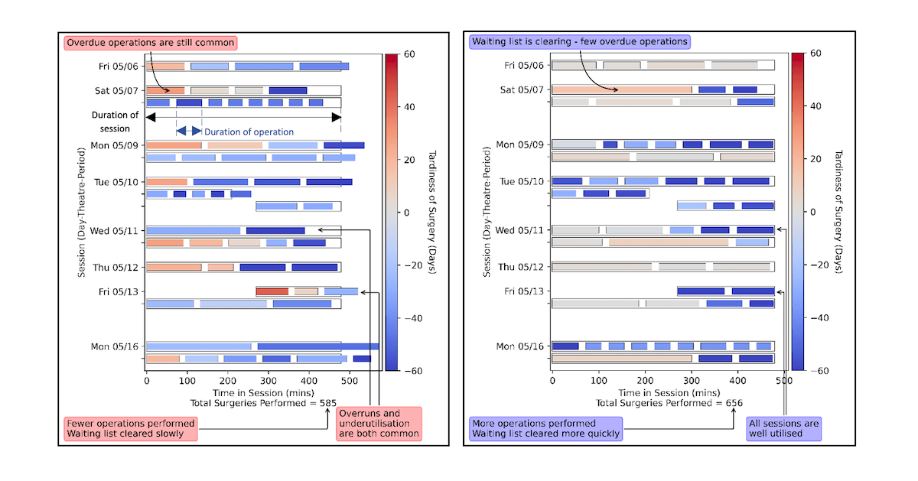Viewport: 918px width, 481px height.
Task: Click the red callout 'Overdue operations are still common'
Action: coord(151,43)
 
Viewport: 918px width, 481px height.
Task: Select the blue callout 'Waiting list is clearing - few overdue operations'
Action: coord(579,41)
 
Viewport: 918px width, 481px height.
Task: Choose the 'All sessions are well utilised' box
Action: coord(783,428)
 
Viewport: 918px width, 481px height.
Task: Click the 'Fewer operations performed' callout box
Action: coord(131,429)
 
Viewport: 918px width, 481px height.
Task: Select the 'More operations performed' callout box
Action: coord(545,429)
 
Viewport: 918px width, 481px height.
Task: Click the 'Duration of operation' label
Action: coord(249,132)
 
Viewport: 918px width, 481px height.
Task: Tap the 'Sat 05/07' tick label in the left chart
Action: coord(119,90)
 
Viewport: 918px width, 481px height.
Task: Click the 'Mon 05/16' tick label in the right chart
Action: coord(520,346)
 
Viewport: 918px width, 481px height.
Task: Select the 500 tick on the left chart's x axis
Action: coord(349,379)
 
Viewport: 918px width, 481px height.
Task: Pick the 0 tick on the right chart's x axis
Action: coord(552,379)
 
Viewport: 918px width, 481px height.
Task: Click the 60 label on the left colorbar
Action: coord(409,54)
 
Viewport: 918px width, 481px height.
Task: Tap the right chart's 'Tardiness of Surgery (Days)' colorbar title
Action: coord(838,212)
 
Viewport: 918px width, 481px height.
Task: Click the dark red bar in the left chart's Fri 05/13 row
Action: coord(272,291)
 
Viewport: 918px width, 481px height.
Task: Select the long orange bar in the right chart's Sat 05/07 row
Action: coord(621,89)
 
